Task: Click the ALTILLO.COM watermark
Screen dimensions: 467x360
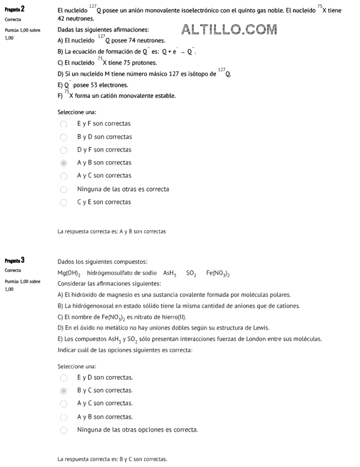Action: tap(229, 30)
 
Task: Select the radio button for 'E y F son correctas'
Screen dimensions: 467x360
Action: tap(64, 124)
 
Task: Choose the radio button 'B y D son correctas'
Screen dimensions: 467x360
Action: tap(64, 137)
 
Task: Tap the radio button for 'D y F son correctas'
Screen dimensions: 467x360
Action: tap(64, 150)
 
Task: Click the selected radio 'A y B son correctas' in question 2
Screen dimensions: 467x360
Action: tap(64, 163)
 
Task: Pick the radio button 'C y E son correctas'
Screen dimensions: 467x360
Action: tap(64, 203)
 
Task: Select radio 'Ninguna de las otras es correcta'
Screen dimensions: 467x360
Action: tap(64, 189)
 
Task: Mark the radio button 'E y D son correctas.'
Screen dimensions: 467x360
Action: tap(64, 378)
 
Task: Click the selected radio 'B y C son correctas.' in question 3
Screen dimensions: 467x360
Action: tap(64, 391)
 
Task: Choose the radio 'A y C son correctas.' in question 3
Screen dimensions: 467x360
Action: tap(64, 404)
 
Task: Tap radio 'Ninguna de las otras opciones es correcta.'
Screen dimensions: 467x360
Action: tap(64, 430)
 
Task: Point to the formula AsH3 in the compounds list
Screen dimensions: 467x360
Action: tap(170, 273)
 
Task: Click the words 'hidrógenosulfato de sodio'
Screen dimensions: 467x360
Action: tap(121, 273)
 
